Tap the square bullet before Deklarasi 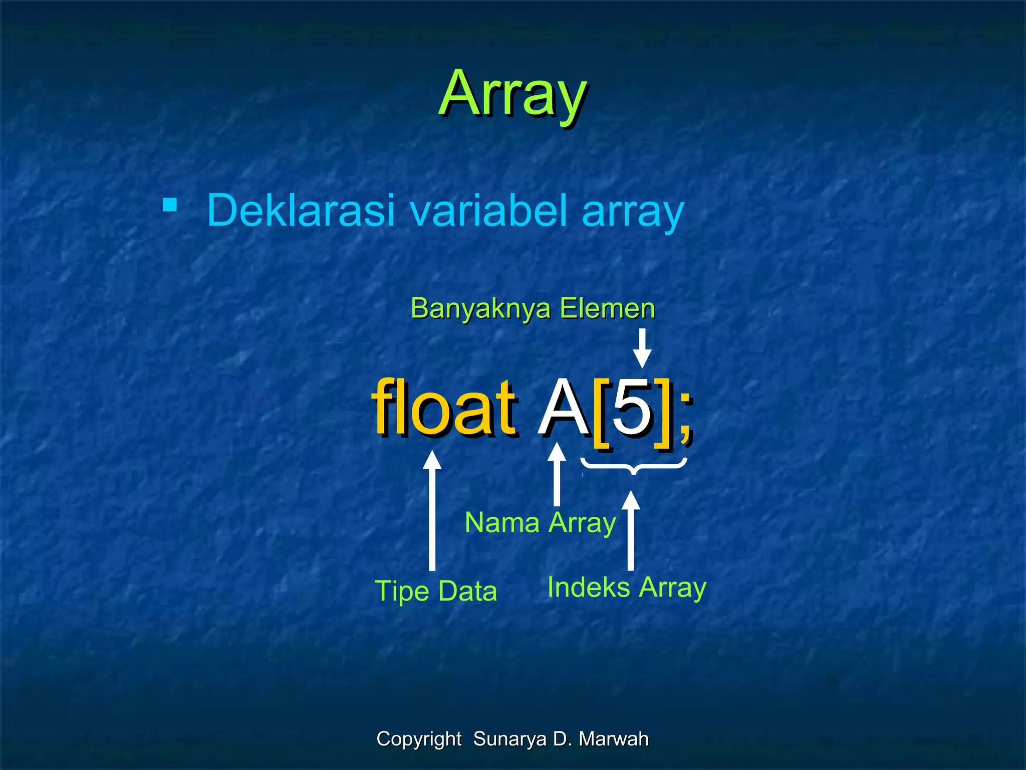[x=170, y=205]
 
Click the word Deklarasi [x=301, y=210]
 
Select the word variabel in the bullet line [x=489, y=210]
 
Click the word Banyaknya [x=480, y=308]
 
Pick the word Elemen [x=607, y=308]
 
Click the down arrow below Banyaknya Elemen [x=642, y=348]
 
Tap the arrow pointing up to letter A [x=557, y=474]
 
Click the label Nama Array [x=540, y=523]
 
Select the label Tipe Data [x=436, y=591]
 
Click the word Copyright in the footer [x=419, y=739]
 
